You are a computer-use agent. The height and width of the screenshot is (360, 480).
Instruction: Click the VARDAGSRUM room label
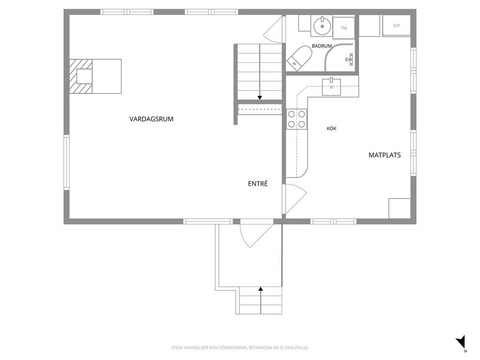click(151, 119)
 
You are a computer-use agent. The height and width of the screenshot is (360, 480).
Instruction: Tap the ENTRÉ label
click(258, 184)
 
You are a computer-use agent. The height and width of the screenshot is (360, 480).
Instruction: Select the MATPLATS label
click(385, 155)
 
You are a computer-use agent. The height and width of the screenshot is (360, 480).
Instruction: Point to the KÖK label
click(331, 128)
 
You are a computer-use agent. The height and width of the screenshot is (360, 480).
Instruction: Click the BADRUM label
click(322, 46)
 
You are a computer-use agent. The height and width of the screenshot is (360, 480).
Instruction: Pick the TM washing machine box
click(344, 28)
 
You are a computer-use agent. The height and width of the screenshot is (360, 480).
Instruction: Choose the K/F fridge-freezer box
click(396, 26)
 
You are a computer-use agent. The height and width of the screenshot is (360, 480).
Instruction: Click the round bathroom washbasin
click(322, 26)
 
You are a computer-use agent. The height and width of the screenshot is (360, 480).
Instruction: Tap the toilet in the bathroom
click(299, 58)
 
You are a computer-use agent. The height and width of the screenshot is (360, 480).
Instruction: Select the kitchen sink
click(331, 87)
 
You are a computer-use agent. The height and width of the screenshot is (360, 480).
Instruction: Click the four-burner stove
click(297, 119)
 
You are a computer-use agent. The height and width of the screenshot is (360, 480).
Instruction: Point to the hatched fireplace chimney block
click(81, 76)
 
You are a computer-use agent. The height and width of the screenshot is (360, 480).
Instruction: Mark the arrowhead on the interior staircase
click(259, 98)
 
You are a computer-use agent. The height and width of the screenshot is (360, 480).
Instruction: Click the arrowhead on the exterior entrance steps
click(261, 289)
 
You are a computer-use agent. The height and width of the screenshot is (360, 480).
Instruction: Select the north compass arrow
click(461, 342)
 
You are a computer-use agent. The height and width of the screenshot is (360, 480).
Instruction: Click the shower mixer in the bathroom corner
click(350, 59)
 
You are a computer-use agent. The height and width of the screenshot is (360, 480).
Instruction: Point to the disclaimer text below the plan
click(240, 348)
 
